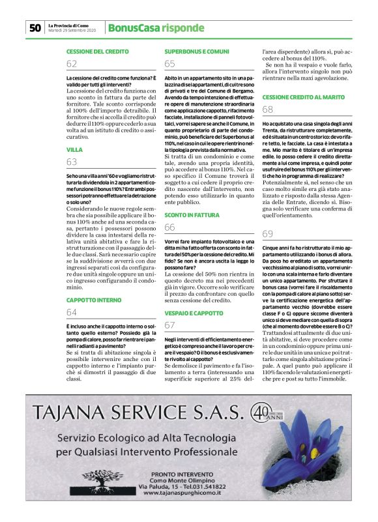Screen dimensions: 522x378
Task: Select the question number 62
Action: click(x=72, y=64)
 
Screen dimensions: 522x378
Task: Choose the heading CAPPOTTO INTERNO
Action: click(x=94, y=300)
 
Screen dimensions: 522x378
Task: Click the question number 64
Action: click(x=72, y=313)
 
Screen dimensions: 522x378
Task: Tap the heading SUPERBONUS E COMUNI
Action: click(x=196, y=51)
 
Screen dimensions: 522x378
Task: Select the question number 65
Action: click(x=169, y=64)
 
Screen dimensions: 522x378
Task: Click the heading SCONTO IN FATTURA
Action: click(x=192, y=214)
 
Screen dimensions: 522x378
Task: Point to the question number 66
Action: click(x=169, y=227)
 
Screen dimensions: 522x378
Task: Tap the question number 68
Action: click(x=267, y=109)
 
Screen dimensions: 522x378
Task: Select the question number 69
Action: click(x=267, y=234)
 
